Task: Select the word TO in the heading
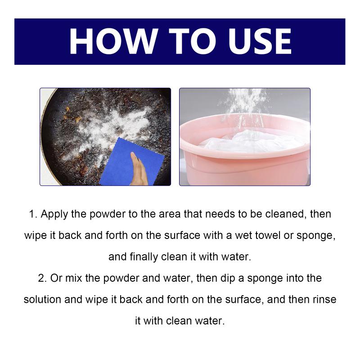tap(193, 41)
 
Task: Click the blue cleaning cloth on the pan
tap(132, 162)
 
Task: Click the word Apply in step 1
tap(54, 215)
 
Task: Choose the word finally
tap(144, 257)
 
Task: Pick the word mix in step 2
tap(73, 278)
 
